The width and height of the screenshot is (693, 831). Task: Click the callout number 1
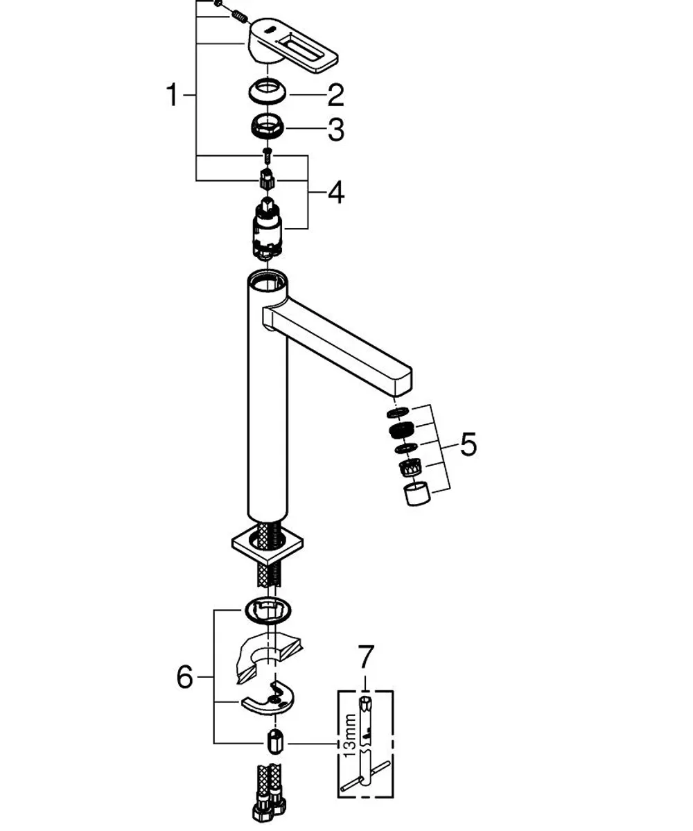[x=172, y=95]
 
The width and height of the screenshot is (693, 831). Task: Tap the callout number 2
[x=335, y=96]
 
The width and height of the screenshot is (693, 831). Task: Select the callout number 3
[x=336, y=129]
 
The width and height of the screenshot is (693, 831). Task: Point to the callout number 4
[x=336, y=193]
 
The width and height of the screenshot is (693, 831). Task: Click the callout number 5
[x=468, y=444]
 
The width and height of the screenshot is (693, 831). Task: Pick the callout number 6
[x=185, y=676]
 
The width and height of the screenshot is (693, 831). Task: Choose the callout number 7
[x=366, y=656]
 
